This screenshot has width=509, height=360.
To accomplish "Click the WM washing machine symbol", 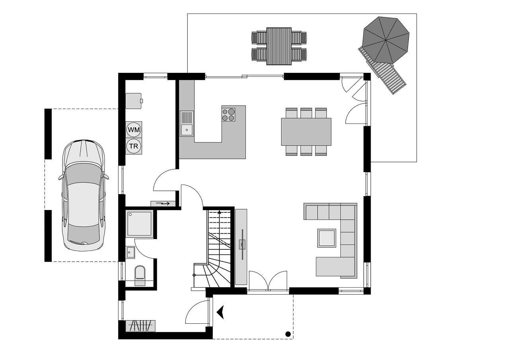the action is pos(134,130).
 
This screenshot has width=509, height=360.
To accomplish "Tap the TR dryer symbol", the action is pos(134,146).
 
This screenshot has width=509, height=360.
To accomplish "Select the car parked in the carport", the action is pos(84,195).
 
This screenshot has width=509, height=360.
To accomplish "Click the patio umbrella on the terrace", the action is pos(386,40).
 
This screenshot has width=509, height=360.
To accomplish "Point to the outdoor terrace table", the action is pos(279,47).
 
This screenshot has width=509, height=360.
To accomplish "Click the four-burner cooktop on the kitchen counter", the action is pos(229,115).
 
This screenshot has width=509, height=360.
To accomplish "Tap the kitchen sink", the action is pos(187,123).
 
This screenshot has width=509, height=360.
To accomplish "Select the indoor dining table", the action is pos(306,132).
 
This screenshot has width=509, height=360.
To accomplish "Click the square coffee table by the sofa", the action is pos(327,238).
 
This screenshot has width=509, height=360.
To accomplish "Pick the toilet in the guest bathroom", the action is pos(140,275).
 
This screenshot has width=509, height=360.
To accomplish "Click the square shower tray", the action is pos(140,224).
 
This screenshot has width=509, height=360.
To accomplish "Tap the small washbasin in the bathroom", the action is pos(130,252).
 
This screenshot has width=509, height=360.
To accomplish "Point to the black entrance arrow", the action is pos(220,312).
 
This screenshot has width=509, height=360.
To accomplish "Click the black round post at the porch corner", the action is pos(288,334).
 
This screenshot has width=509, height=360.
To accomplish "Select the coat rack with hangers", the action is pos(140,326).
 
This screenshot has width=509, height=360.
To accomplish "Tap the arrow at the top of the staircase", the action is pos(220,212).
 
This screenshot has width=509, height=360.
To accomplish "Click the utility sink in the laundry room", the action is pos(134,101).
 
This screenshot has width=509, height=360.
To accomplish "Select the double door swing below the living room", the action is pos(268,280).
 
